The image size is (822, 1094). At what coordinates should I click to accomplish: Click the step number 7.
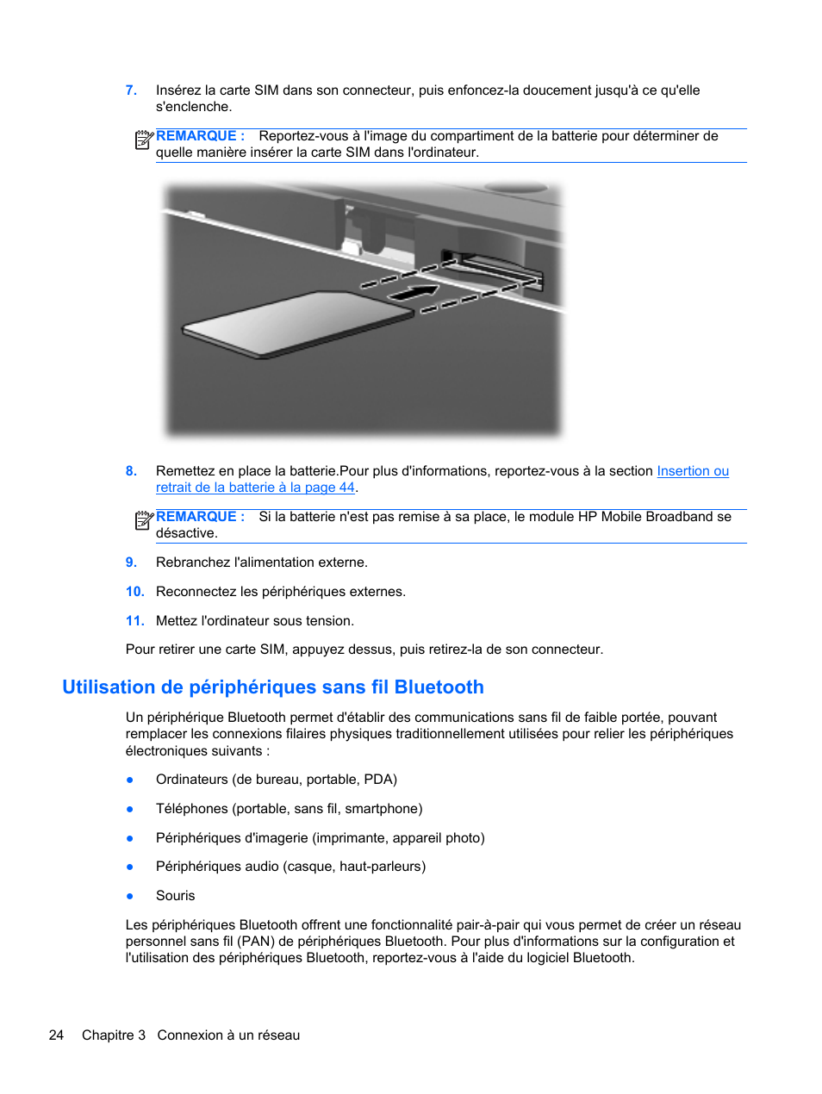(x=131, y=90)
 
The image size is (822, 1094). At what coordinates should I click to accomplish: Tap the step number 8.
(x=131, y=471)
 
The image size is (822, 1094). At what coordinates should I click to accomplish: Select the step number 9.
(x=131, y=563)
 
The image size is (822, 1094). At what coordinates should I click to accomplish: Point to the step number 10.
(x=134, y=592)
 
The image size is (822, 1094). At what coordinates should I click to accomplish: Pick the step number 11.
(x=134, y=621)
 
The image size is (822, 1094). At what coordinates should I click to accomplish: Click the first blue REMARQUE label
(x=200, y=136)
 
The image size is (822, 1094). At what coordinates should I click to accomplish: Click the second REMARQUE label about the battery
(x=200, y=517)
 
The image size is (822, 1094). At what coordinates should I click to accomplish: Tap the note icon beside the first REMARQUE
(x=144, y=139)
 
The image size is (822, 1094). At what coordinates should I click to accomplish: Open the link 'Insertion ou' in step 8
(x=693, y=471)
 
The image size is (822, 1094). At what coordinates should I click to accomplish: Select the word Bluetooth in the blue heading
(x=439, y=687)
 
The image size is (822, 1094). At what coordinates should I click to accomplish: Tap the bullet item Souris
(x=176, y=896)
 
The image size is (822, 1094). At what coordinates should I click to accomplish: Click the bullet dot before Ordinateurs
(x=130, y=780)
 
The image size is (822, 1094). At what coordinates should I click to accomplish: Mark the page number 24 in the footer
(x=56, y=1035)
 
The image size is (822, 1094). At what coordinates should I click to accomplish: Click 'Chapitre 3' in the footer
(x=114, y=1035)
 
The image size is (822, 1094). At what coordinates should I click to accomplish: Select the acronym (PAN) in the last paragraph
(x=257, y=942)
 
